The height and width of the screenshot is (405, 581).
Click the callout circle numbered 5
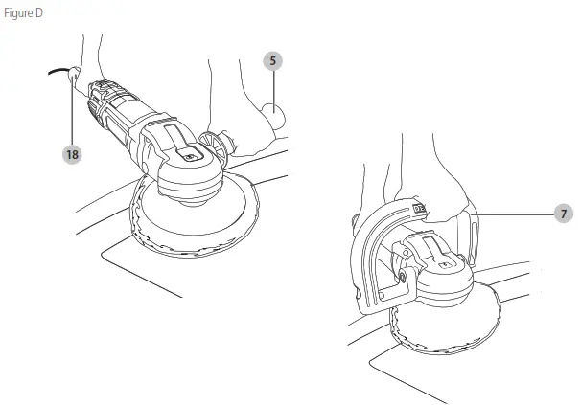273,60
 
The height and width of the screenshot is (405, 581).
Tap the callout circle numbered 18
70,153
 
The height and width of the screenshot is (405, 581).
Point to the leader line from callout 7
518,213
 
